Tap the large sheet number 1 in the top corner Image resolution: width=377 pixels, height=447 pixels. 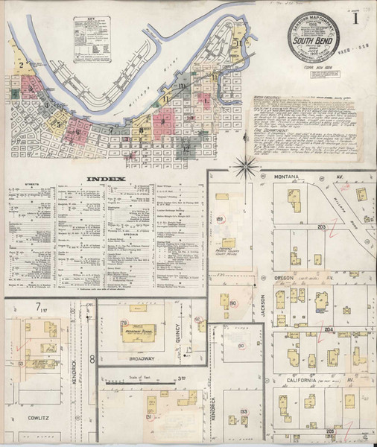point(359,17)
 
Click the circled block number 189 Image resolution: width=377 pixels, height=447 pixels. point(221,218)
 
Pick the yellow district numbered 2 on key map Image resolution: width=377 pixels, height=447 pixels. point(22,66)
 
